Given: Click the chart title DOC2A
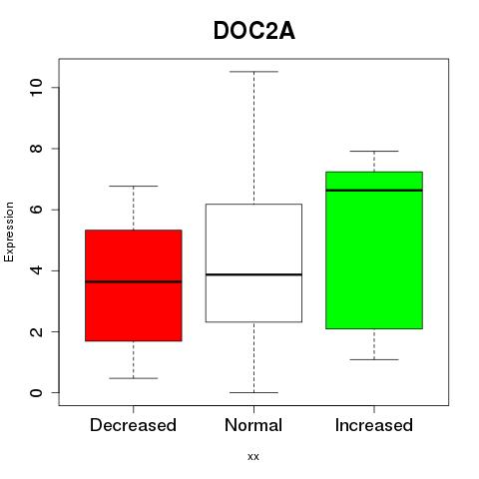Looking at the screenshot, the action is (x=254, y=31).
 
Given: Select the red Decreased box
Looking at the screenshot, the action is (x=134, y=285).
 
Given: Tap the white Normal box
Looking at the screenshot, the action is (x=253, y=262).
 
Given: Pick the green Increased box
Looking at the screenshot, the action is (x=374, y=250).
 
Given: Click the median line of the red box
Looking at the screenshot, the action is (x=134, y=281).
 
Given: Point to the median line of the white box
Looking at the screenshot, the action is (x=253, y=274).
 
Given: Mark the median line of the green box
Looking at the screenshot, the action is (x=374, y=191).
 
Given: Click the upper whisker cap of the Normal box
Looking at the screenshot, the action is (x=253, y=72).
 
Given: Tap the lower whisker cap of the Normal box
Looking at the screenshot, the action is (x=253, y=392).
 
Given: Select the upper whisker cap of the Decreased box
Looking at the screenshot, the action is (x=134, y=186).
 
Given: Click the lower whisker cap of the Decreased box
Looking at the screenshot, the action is (x=134, y=378).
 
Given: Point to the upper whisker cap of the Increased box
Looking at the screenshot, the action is (x=374, y=151).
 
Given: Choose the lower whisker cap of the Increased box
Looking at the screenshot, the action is (x=374, y=359).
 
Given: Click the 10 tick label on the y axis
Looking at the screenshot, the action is (x=36, y=88).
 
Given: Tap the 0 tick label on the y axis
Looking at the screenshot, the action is (x=36, y=393).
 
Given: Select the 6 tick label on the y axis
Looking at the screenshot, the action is (x=36, y=210).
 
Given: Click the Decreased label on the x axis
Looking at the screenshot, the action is (x=133, y=425).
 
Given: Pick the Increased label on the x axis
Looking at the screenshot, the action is (x=374, y=425).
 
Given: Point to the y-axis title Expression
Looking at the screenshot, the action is (x=9, y=232).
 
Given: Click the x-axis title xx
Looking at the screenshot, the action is (x=253, y=457).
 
